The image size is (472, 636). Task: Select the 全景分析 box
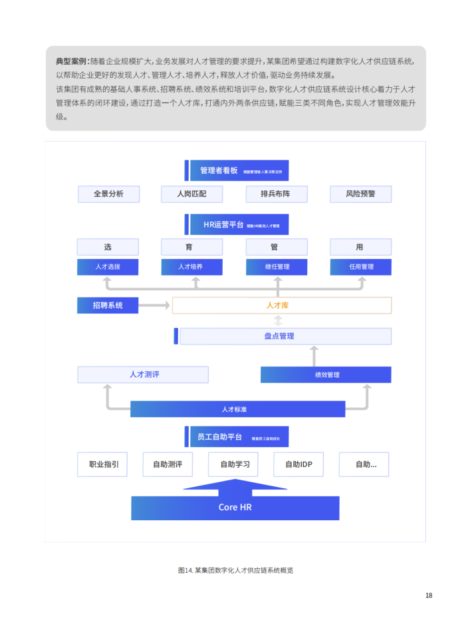click(108, 194)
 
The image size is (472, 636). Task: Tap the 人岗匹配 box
click(191, 194)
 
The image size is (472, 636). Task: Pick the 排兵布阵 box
click(276, 194)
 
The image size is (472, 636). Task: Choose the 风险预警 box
click(360, 194)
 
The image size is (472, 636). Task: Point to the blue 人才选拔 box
click(108, 267)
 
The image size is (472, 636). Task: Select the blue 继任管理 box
click(277, 267)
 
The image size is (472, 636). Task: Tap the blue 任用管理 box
click(361, 267)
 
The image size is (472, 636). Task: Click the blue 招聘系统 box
click(108, 305)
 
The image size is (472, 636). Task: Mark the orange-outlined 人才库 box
click(282, 305)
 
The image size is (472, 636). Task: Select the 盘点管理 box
click(285, 336)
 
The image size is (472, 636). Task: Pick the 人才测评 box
click(143, 375)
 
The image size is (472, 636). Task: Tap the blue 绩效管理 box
click(326, 375)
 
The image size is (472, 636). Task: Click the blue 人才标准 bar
click(237, 409)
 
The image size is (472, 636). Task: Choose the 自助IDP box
click(298, 464)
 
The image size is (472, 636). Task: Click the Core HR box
click(235, 508)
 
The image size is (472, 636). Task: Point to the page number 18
click(429, 595)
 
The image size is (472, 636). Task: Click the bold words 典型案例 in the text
click(71, 61)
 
